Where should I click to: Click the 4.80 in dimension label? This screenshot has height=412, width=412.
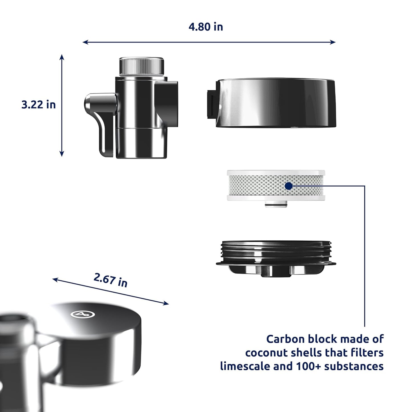click(206, 27)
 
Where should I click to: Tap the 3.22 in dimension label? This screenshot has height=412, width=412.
click(38, 105)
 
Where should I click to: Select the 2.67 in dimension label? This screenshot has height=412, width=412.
click(110, 280)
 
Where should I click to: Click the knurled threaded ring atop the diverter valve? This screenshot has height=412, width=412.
click(141, 66)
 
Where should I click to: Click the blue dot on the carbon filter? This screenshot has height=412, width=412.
click(289, 186)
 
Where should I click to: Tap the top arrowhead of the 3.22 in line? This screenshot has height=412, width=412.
click(62, 57)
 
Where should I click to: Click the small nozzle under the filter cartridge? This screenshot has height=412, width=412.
click(276, 204)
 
